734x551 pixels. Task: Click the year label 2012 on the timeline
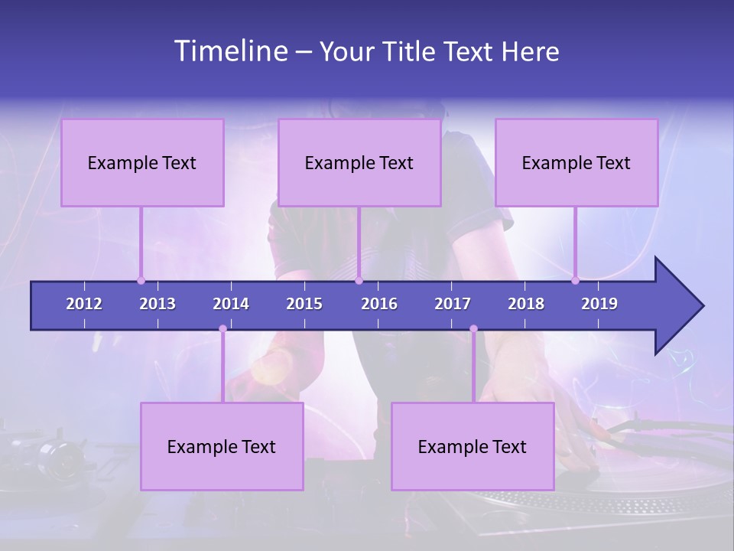84,304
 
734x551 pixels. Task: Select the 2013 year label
158,304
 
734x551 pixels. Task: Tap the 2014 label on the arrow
231,304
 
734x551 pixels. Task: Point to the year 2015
304,304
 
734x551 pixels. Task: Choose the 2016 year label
379,304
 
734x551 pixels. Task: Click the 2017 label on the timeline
453,304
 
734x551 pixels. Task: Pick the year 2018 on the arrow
526,304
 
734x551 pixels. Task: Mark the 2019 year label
599,304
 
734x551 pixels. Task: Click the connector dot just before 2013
141,281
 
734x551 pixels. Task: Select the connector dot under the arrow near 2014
222,329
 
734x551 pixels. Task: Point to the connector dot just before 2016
359,281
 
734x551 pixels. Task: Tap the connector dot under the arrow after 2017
473,329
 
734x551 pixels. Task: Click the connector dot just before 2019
575,281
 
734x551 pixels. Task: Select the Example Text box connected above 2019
576,162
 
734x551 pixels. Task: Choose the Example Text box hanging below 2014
222,446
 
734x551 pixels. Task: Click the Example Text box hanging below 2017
473,446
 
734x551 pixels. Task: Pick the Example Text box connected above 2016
359,162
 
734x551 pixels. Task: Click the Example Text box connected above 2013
142,162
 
